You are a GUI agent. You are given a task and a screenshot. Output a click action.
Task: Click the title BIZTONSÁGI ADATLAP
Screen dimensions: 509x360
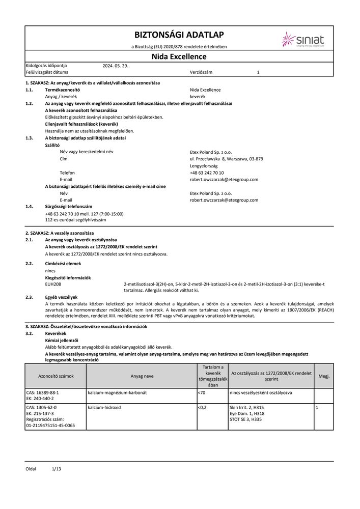pyautogui.click(x=179, y=35)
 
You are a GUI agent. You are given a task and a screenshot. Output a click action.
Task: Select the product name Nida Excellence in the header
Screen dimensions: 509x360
pyautogui.click(x=179, y=56)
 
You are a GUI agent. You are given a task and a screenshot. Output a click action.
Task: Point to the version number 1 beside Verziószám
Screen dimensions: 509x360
pyautogui.click(x=258, y=73)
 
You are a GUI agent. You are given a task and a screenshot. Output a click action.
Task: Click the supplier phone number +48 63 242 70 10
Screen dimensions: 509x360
pyautogui.click(x=206, y=173)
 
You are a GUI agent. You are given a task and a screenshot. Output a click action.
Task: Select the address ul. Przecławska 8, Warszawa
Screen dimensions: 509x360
pyautogui.click(x=226, y=159)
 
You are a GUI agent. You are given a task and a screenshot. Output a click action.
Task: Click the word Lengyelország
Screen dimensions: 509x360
pyautogui.click(x=204, y=166)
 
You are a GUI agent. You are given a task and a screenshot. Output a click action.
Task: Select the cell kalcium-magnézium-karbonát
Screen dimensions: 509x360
pyautogui.click(x=118, y=392)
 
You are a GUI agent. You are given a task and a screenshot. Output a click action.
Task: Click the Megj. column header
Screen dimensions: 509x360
pyautogui.click(x=324, y=376)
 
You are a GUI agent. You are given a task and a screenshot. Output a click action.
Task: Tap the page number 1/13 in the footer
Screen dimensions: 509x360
pyautogui.click(x=56, y=468)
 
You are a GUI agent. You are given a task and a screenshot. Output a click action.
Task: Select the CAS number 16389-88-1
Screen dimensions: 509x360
pyautogui.click(x=42, y=392)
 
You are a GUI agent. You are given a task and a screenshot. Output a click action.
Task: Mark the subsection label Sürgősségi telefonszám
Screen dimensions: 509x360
pyautogui.click(x=69, y=207)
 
